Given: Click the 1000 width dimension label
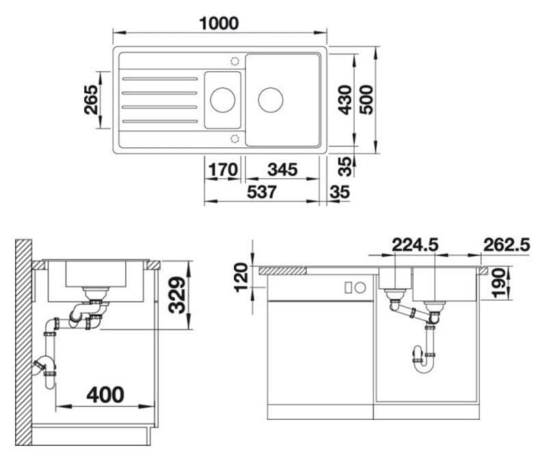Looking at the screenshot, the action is (219, 23).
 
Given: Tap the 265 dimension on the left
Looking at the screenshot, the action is (92, 99).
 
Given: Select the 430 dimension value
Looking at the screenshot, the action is (345, 99).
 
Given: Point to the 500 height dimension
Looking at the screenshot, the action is (366, 99).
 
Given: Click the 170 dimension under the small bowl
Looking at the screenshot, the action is (223, 170).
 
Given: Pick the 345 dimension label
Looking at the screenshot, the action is (282, 170).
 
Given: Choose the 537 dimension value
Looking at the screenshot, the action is (262, 192).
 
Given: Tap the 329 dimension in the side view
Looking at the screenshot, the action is (177, 295).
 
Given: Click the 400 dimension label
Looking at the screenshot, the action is (105, 395).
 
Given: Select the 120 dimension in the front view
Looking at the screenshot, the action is (241, 278).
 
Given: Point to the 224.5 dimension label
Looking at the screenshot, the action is (415, 245).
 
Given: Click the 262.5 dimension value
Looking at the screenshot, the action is (507, 245).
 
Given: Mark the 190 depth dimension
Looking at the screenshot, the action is (498, 283).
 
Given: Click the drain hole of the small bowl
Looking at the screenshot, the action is (223, 100).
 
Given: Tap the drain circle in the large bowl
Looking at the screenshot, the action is (270, 100).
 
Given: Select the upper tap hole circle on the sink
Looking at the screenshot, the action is (235, 62).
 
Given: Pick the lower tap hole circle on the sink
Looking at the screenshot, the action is (235, 139).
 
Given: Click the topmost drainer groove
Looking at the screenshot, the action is (160, 79).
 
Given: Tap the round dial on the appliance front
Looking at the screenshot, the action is (360, 288).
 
